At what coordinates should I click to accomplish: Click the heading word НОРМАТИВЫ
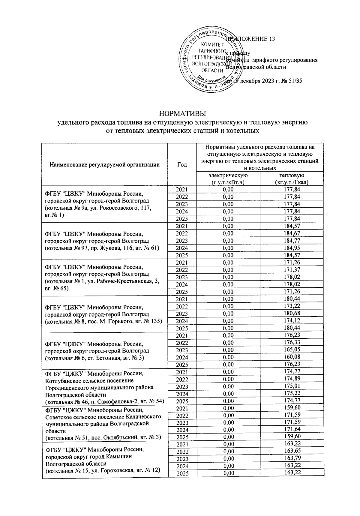point(182,114)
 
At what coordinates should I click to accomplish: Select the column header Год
point(182,164)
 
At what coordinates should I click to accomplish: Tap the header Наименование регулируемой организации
point(104,164)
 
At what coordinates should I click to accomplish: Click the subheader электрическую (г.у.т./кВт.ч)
point(228,178)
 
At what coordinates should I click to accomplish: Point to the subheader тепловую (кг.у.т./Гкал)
point(292,178)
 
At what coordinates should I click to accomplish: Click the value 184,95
point(292,248)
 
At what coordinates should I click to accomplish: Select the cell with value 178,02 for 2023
point(292,277)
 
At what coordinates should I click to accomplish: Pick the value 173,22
point(292,306)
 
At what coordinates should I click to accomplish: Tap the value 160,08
point(292,357)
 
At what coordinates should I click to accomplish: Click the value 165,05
point(292,350)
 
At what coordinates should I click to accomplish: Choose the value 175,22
point(292,393)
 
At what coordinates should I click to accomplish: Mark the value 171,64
point(292,430)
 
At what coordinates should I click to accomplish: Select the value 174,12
point(292,321)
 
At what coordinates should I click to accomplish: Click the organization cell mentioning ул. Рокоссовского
point(104,204)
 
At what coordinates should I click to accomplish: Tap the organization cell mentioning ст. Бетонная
point(104,350)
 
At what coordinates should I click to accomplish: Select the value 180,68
point(292,313)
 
